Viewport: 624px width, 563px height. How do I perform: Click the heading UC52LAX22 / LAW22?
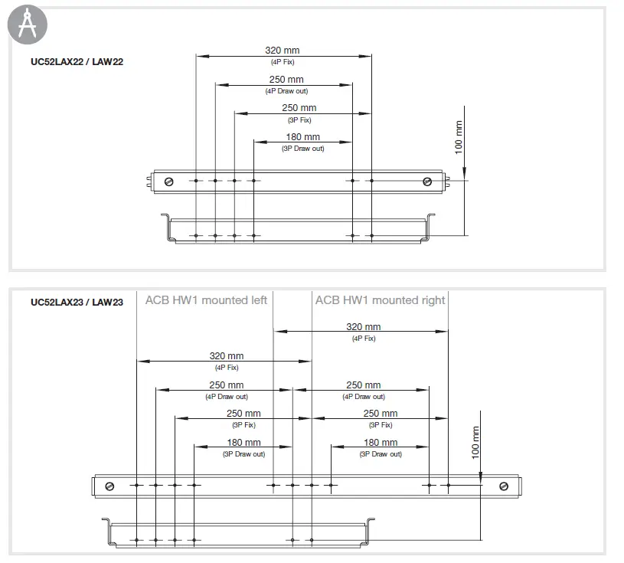[x=77, y=62]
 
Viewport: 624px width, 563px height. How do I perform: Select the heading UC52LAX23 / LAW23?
[x=77, y=302]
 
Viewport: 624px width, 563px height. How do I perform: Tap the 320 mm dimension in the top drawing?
[x=282, y=51]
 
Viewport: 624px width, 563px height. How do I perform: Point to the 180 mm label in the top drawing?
[x=303, y=138]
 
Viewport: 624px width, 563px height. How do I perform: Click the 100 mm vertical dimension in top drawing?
[x=459, y=138]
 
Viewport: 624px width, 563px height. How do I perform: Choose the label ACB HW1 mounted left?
[x=206, y=300]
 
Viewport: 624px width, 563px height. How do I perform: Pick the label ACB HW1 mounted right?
[x=380, y=300]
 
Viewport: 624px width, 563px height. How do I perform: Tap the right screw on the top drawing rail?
[x=427, y=181]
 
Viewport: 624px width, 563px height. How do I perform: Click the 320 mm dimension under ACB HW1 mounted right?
[x=363, y=327]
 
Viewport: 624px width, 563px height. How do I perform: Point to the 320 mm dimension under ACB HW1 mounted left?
[x=227, y=356]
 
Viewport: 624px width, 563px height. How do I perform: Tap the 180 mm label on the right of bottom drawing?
[x=381, y=443]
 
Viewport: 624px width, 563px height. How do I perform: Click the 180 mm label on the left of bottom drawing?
[x=243, y=443]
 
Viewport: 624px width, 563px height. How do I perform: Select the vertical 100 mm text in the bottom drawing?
[x=475, y=443]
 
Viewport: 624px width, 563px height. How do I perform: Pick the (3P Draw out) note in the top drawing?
[x=303, y=149]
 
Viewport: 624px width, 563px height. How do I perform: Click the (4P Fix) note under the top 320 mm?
[x=282, y=61]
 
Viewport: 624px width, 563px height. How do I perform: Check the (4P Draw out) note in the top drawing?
[x=286, y=90]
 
